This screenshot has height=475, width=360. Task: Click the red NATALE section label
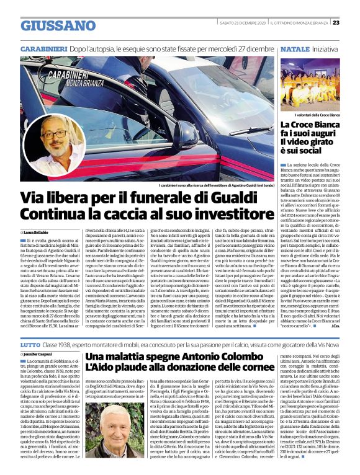click(x=294, y=48)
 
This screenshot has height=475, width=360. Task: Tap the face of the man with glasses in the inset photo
click(x=53, y=135)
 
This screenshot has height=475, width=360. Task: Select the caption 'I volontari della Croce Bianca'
click(x=317, y=116)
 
